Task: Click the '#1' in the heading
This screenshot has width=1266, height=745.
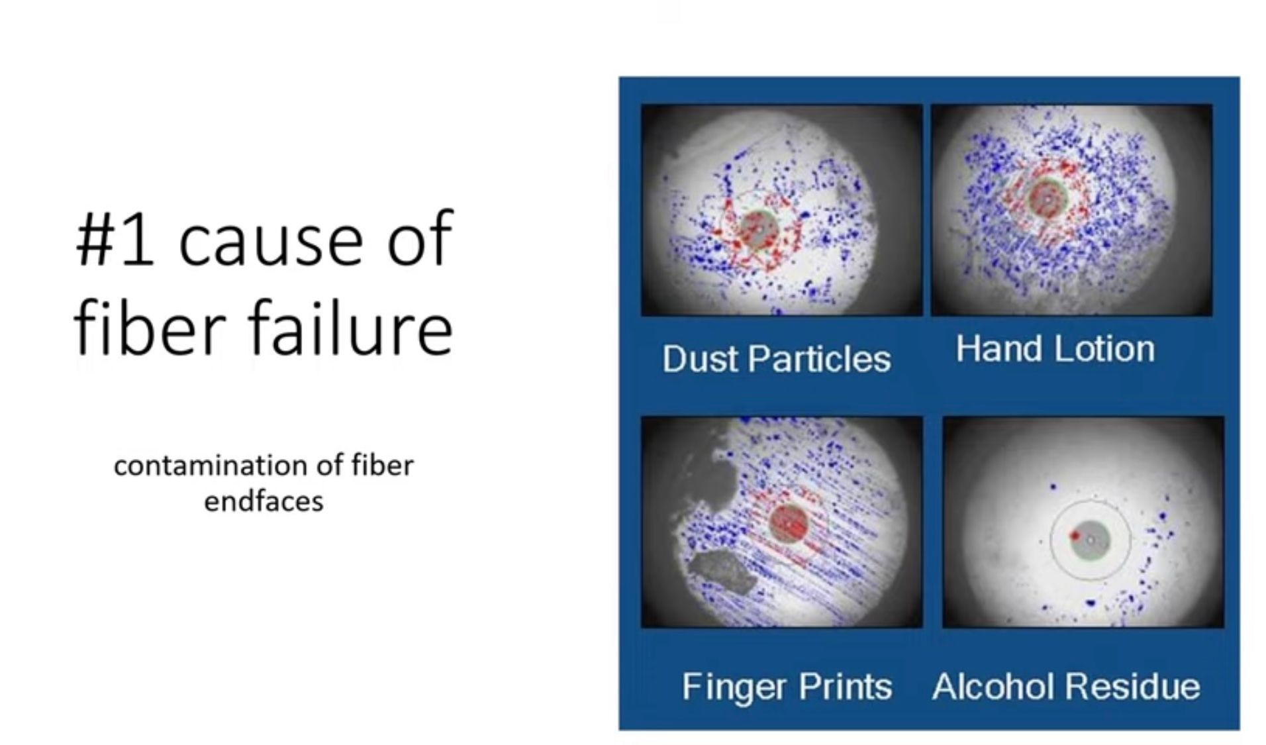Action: (114, 240)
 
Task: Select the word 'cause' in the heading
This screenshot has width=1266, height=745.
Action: (270, 242)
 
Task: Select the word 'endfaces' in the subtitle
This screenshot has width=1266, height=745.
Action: (264, 501)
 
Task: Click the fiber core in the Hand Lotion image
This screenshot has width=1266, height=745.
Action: (1047, 198)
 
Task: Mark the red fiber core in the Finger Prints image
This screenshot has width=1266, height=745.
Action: (789, 522)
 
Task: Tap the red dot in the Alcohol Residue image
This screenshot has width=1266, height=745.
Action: (1075, 535)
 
